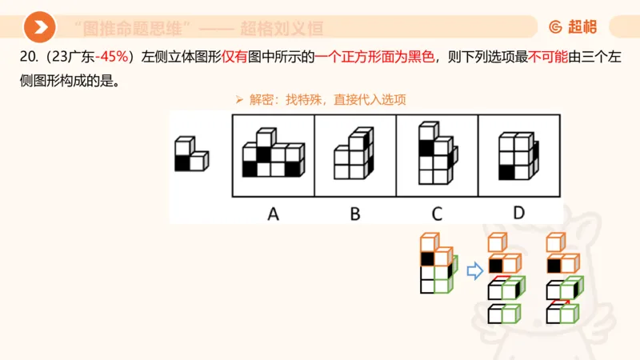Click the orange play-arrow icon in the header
[x=39, y=27]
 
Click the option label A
[x=273, y=213]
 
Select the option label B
[x=355, y=213]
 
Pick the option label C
[x=437, y=213]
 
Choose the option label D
[x=519, y=213]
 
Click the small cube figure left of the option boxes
[x=191, y=154]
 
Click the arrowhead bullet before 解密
[x=238, y=100]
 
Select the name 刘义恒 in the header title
[x=298, y=28]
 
